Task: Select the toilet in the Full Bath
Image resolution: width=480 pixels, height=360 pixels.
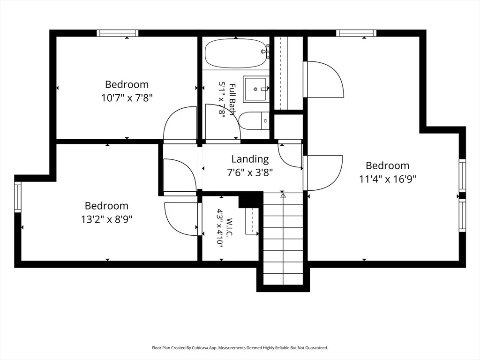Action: point(254,121)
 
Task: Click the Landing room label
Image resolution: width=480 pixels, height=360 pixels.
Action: point(250,159)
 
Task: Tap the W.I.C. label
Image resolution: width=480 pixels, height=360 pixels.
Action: point(230,227)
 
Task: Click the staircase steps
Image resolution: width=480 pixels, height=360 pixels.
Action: point(283,238)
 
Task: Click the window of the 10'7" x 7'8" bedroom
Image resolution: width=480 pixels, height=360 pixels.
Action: point(118,33)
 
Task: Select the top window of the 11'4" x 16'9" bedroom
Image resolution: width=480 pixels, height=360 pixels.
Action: point(356,33)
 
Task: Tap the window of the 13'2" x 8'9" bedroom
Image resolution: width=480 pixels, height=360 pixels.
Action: point(18,197)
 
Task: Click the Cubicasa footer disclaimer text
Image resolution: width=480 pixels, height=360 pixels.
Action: point(240,348)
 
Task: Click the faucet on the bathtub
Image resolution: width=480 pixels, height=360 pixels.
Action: point(266,51)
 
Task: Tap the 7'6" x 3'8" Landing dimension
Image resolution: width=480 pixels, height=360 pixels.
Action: point(250,172)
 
